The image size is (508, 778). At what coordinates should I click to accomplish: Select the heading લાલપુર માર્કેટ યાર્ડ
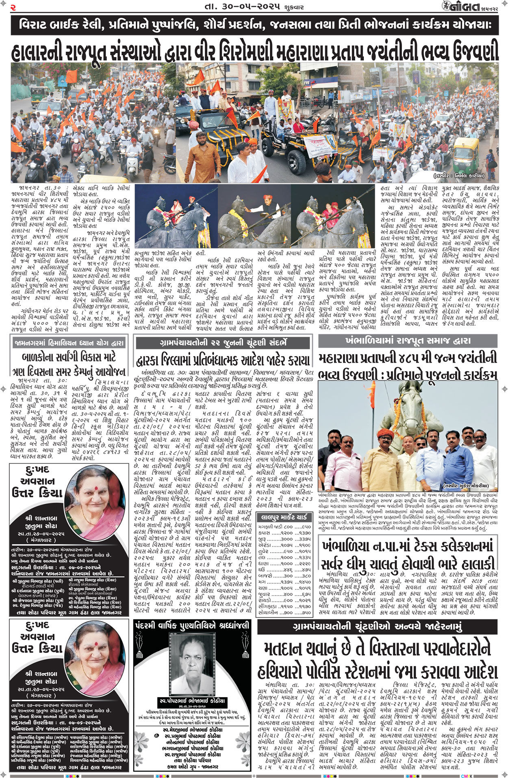coord(284,517)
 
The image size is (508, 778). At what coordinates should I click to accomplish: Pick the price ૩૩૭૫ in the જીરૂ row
coord(304,539)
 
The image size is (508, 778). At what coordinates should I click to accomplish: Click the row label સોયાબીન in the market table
coord(268,612)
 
